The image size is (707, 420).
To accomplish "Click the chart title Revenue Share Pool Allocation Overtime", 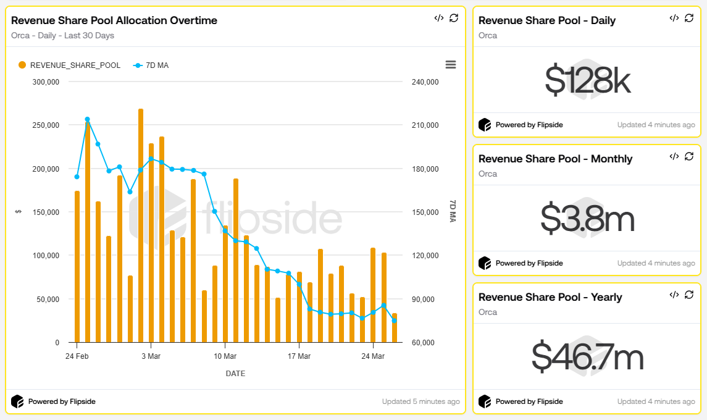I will [114, 20].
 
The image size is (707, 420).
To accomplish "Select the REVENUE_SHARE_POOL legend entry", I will [69, 65].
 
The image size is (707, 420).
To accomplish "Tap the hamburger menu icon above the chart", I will [450, 65].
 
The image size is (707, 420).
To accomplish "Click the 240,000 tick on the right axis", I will [424, 82].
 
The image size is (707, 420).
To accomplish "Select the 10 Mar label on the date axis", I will [225, 356].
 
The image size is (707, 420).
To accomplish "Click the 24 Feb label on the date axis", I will [77, 356].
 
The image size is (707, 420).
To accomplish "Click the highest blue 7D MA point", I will [87, 119].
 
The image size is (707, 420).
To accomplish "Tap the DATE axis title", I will [235, 374].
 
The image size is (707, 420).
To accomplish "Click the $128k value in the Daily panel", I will [587, 80].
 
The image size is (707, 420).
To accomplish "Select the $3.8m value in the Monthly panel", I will [587, 219].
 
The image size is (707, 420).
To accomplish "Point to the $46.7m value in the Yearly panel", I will [587, 357].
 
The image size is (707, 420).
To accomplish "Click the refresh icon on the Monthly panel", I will [689, 156].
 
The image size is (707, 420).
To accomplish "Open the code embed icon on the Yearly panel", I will [674, 295].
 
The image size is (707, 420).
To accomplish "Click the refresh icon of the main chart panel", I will [454, 18].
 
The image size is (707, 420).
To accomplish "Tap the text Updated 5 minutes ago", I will [420, 401].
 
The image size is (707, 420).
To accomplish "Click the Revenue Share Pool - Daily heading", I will [547, 20].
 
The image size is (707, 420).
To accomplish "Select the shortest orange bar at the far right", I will [395, 328].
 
